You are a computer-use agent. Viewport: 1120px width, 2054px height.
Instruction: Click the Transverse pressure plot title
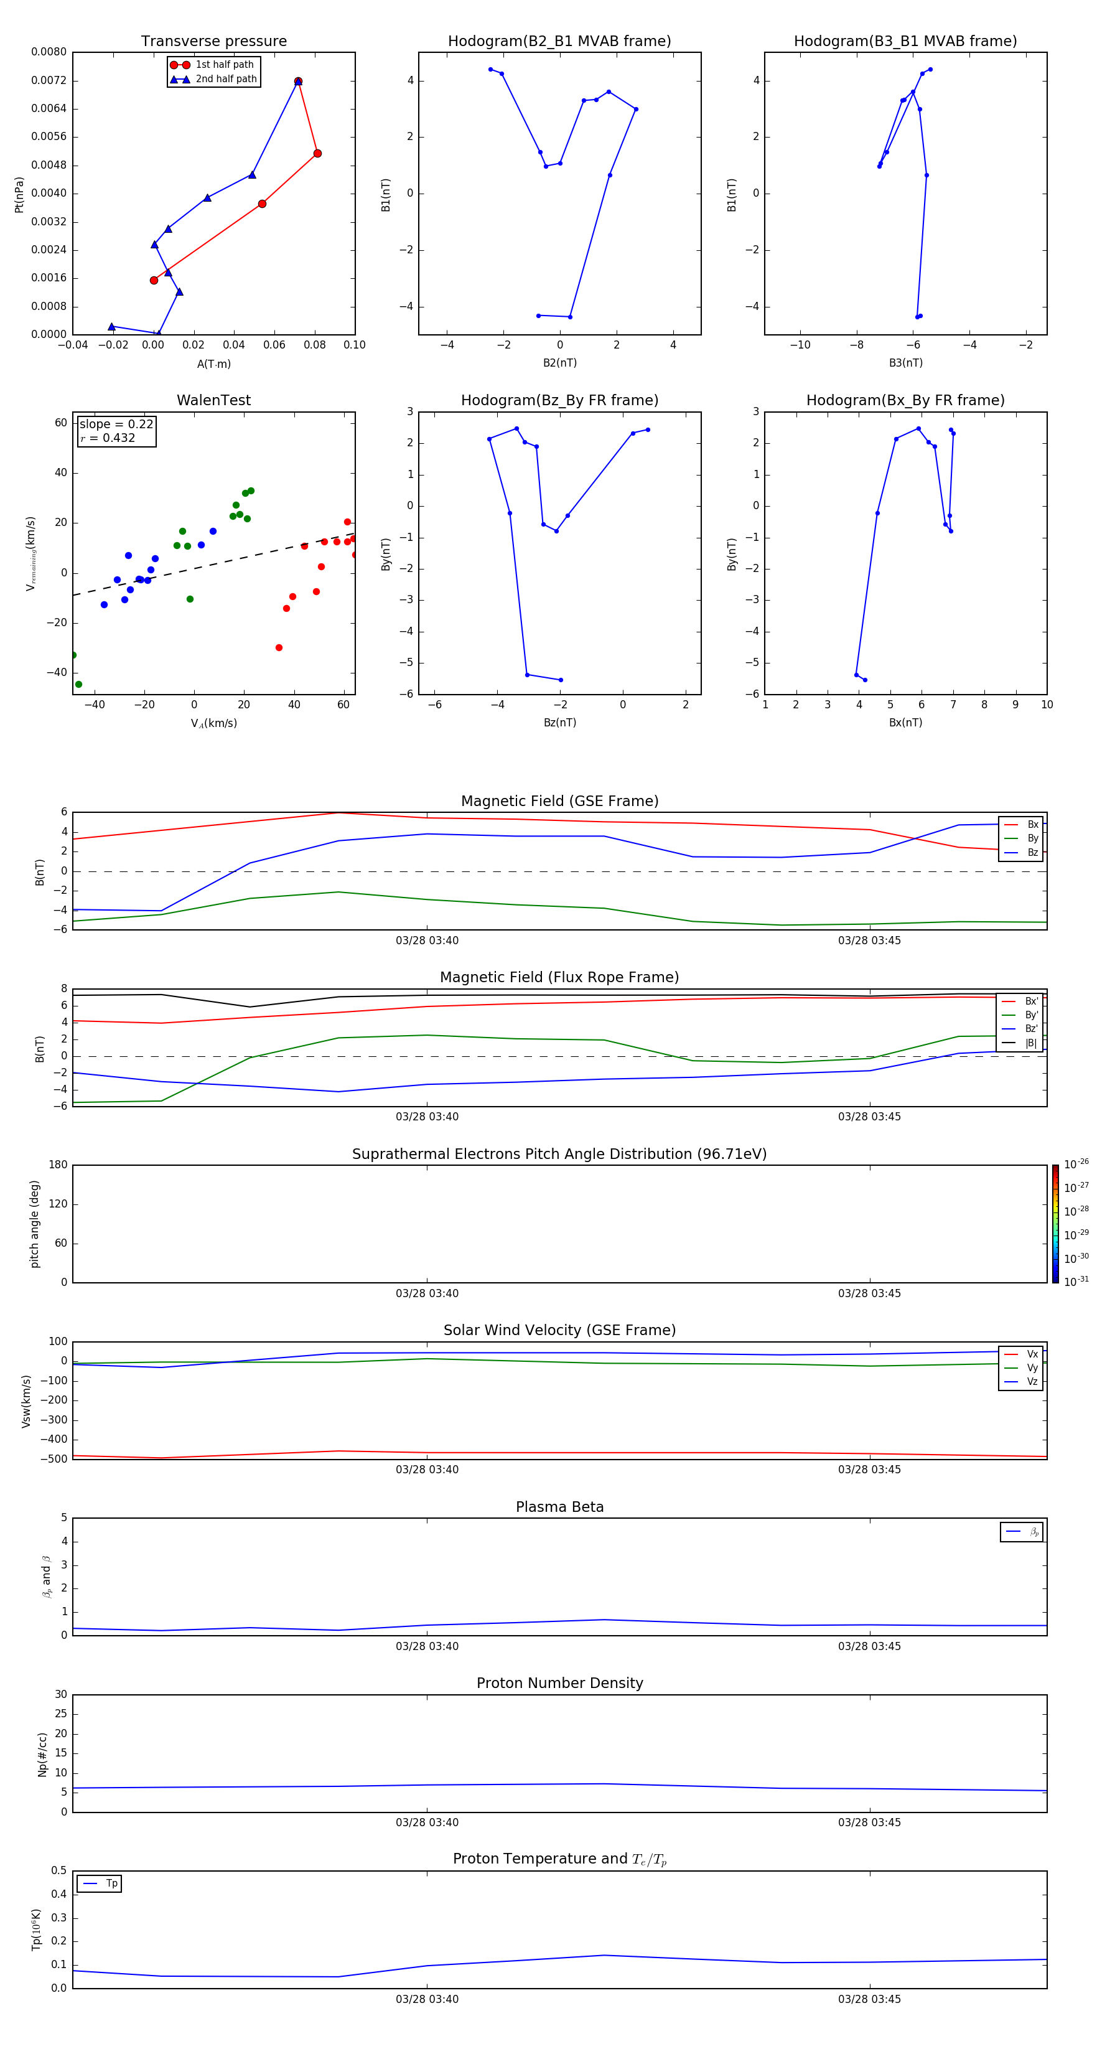(213, 42)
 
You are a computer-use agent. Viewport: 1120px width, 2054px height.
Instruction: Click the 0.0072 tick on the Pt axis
(49, 80)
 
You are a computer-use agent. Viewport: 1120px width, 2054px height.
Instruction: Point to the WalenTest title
(213, 400)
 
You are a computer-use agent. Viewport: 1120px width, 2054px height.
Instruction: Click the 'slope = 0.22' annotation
(116, 424)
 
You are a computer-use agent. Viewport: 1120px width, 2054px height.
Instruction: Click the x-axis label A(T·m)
(213, 364)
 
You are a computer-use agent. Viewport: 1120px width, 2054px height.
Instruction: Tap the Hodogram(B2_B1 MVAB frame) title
(559, 42)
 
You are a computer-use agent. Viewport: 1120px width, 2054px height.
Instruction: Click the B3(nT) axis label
(905, 363)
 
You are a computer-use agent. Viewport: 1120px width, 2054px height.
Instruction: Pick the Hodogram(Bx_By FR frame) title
(905, 400)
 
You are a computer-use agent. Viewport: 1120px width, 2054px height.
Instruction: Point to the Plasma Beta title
(559, 1507)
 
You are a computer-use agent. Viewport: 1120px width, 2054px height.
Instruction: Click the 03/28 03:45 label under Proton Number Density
(869, 1822)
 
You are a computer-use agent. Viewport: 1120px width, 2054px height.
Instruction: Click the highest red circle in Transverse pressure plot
(298, 82)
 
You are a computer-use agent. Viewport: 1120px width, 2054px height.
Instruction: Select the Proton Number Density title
(559, 1683)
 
